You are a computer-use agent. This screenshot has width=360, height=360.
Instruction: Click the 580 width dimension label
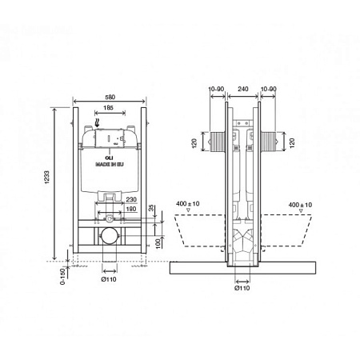110,97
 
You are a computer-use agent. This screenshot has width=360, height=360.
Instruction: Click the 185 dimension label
108,107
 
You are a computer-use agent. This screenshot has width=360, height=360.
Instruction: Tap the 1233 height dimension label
47,177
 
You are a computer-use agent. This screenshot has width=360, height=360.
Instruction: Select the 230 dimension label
131,199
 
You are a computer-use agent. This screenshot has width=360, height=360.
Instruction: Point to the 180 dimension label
131,209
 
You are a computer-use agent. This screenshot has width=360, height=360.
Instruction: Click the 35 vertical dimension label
151,208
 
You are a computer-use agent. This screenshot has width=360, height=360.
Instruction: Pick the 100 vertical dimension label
158,243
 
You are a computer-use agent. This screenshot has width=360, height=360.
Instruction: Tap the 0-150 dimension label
62,277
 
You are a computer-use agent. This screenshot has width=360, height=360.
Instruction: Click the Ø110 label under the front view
109,279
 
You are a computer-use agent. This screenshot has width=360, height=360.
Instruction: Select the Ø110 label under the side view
242,288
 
